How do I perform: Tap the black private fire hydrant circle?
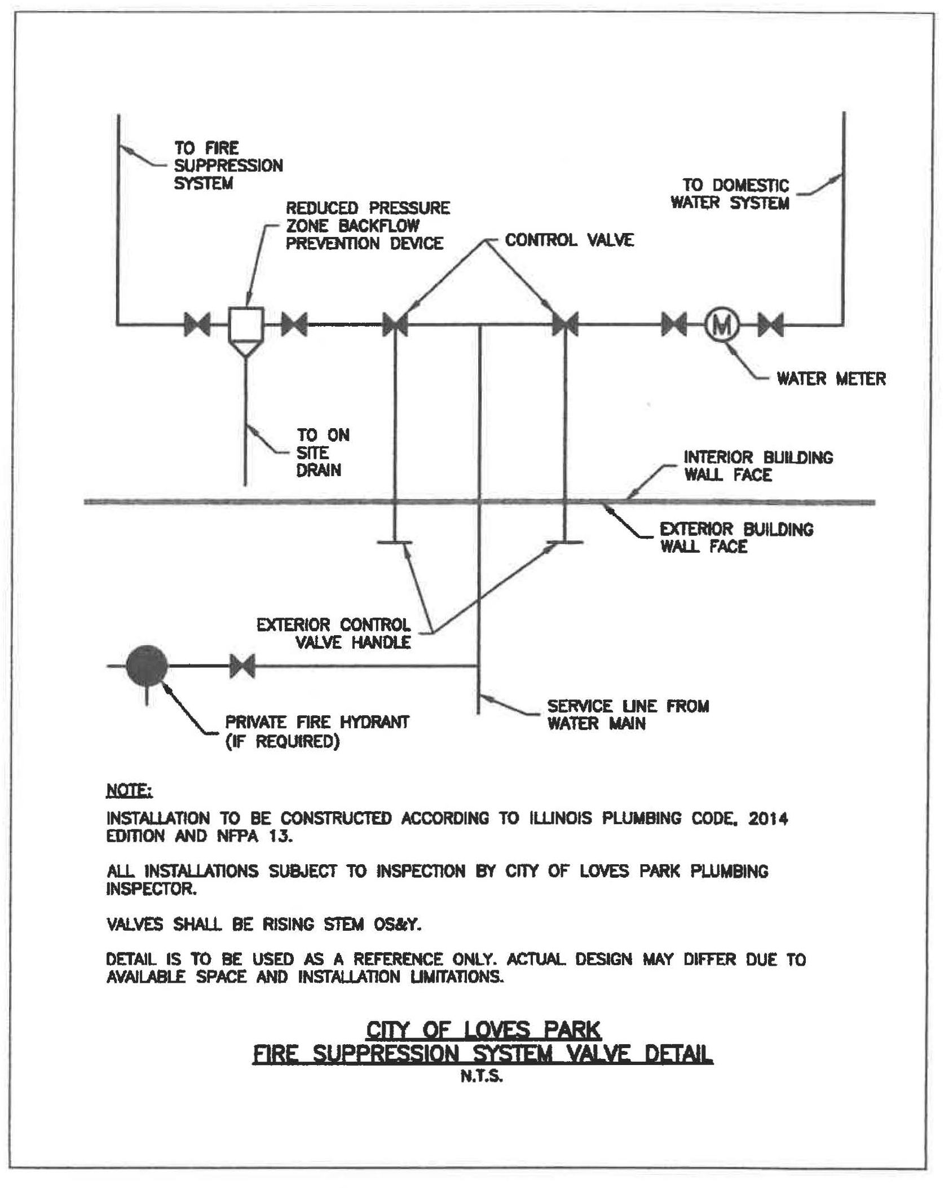[x=147, y=666]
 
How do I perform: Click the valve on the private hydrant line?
[x=242, y=666]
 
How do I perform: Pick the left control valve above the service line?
[x=395, y=325]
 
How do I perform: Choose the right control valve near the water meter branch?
[x=565, y=325]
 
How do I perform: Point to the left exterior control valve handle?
[x=394, y=542]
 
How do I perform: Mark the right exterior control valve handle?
[x=565, y=542]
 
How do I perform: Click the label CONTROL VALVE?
[x=569, y=240]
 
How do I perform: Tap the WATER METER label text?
[x=831, y=379]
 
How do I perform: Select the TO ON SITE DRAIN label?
[x=323, y=452]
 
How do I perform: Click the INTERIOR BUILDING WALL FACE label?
[x=758, y=466]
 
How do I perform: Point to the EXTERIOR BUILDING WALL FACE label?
[x=736, y=538]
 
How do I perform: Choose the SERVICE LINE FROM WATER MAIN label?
[x=628, y=715]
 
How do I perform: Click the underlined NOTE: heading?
[x=129, y=791]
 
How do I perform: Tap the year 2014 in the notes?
[x=767, y=819]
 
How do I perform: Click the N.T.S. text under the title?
[x=481, y=1077]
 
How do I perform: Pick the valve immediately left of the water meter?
[x=674, y=325]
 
